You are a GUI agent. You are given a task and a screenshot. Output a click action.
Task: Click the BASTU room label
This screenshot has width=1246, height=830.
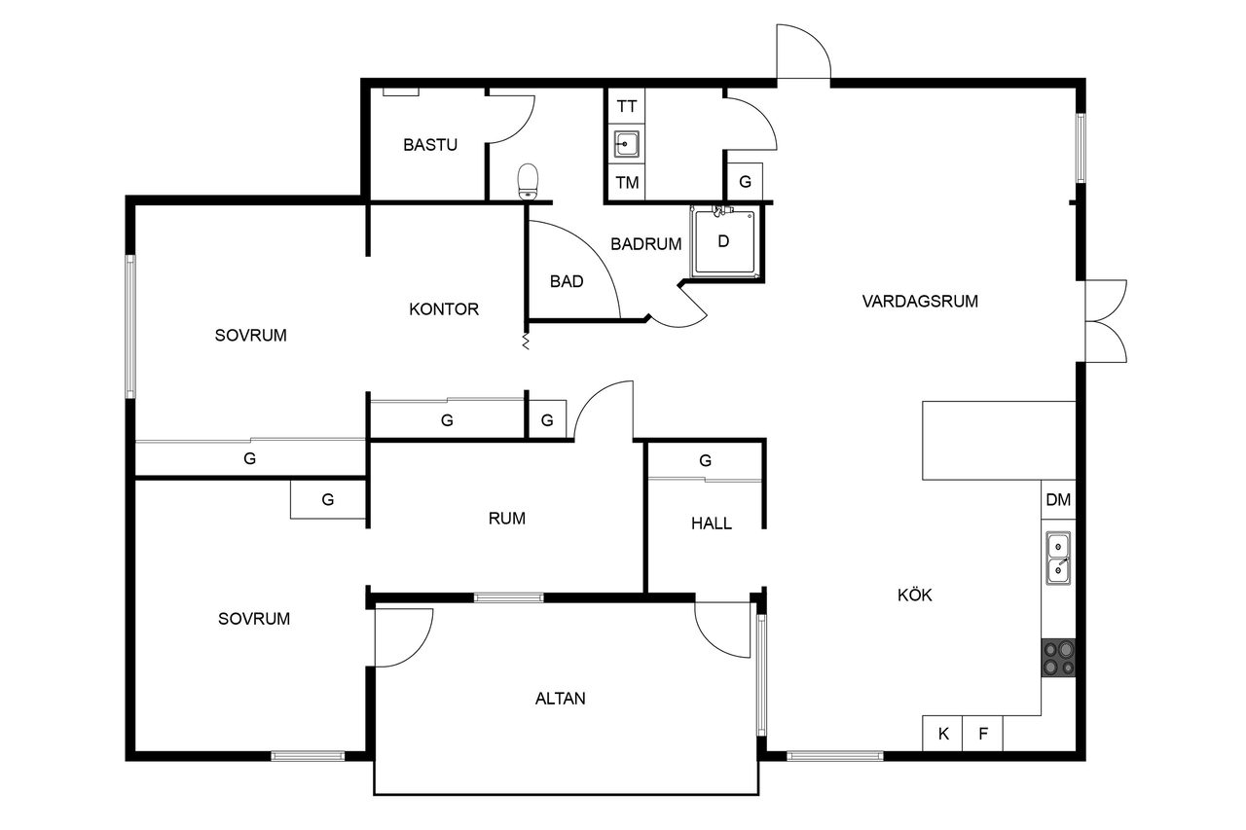pyautogui.click(x=430, y=145)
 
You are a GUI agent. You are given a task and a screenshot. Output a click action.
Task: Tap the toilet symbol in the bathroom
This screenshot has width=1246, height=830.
pyautogui.click(x=528, y=182)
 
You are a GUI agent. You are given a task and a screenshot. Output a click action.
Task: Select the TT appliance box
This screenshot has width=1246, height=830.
pyautogui.click(x=626, y=106)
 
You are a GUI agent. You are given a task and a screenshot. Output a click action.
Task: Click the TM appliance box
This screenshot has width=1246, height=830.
pyautogui.click(x=626, y=182)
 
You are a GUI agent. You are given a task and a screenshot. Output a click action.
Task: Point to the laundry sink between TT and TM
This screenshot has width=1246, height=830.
pyautogui.click(x=626, y=144)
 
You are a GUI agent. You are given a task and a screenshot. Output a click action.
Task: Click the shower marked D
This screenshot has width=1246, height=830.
pyautogui.click(x=723, y=241)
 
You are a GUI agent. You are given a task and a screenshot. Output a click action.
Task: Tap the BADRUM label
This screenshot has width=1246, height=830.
pyautogui.click(x=645, y=243)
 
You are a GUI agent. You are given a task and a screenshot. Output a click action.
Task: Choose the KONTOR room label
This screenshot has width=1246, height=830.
pyautogui.click(x=443, y=308)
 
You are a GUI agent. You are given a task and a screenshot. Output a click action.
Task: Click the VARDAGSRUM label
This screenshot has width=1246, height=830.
pyautogui.click(x=920, y=301)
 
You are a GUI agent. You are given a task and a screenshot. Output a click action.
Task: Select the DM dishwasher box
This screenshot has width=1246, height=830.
pyautogui.click(x=1058, y=499)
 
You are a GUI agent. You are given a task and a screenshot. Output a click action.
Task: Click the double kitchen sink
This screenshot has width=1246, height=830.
pyautogui.click(x=1058, y=559)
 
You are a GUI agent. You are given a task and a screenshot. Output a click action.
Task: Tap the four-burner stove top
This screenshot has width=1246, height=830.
pyautogui.click(x=1058, y=658)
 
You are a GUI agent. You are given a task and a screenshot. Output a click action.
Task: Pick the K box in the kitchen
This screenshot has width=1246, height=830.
pyautogui.click(x=942, y=734)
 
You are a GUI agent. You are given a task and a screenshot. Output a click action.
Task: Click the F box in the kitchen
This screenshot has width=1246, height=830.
pyautogui.click(x=983, y=734)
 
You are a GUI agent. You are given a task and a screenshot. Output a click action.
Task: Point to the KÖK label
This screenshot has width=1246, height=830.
pyautogui.click(x=914, y=595)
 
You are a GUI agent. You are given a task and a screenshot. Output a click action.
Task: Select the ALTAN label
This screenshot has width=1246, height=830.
pyautogui.click(x=560, y=699)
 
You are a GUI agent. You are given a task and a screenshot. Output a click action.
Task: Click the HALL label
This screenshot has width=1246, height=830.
pyautogui.click(x=711, y=523)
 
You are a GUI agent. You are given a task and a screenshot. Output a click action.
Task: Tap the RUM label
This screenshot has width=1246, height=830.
pyautogui.click(x=506, y=518)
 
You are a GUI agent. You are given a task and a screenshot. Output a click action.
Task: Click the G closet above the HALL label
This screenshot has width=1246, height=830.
pyautogui.click(x=705, y=461)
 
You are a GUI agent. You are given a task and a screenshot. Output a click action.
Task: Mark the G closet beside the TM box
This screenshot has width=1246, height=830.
pyautogui.click(x=745, y=181)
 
